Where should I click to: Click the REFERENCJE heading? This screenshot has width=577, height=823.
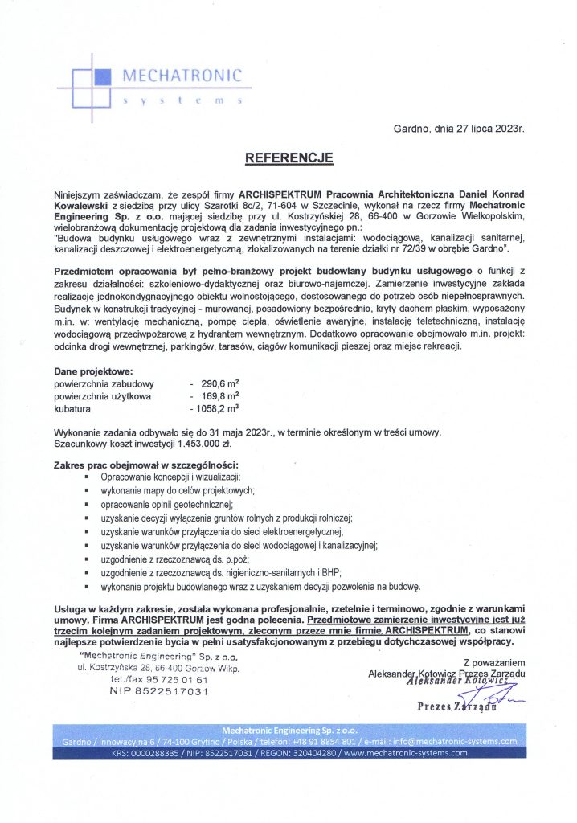288,158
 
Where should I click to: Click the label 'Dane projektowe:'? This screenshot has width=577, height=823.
92,372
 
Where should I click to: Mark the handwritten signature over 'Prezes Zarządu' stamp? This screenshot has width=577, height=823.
482,698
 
